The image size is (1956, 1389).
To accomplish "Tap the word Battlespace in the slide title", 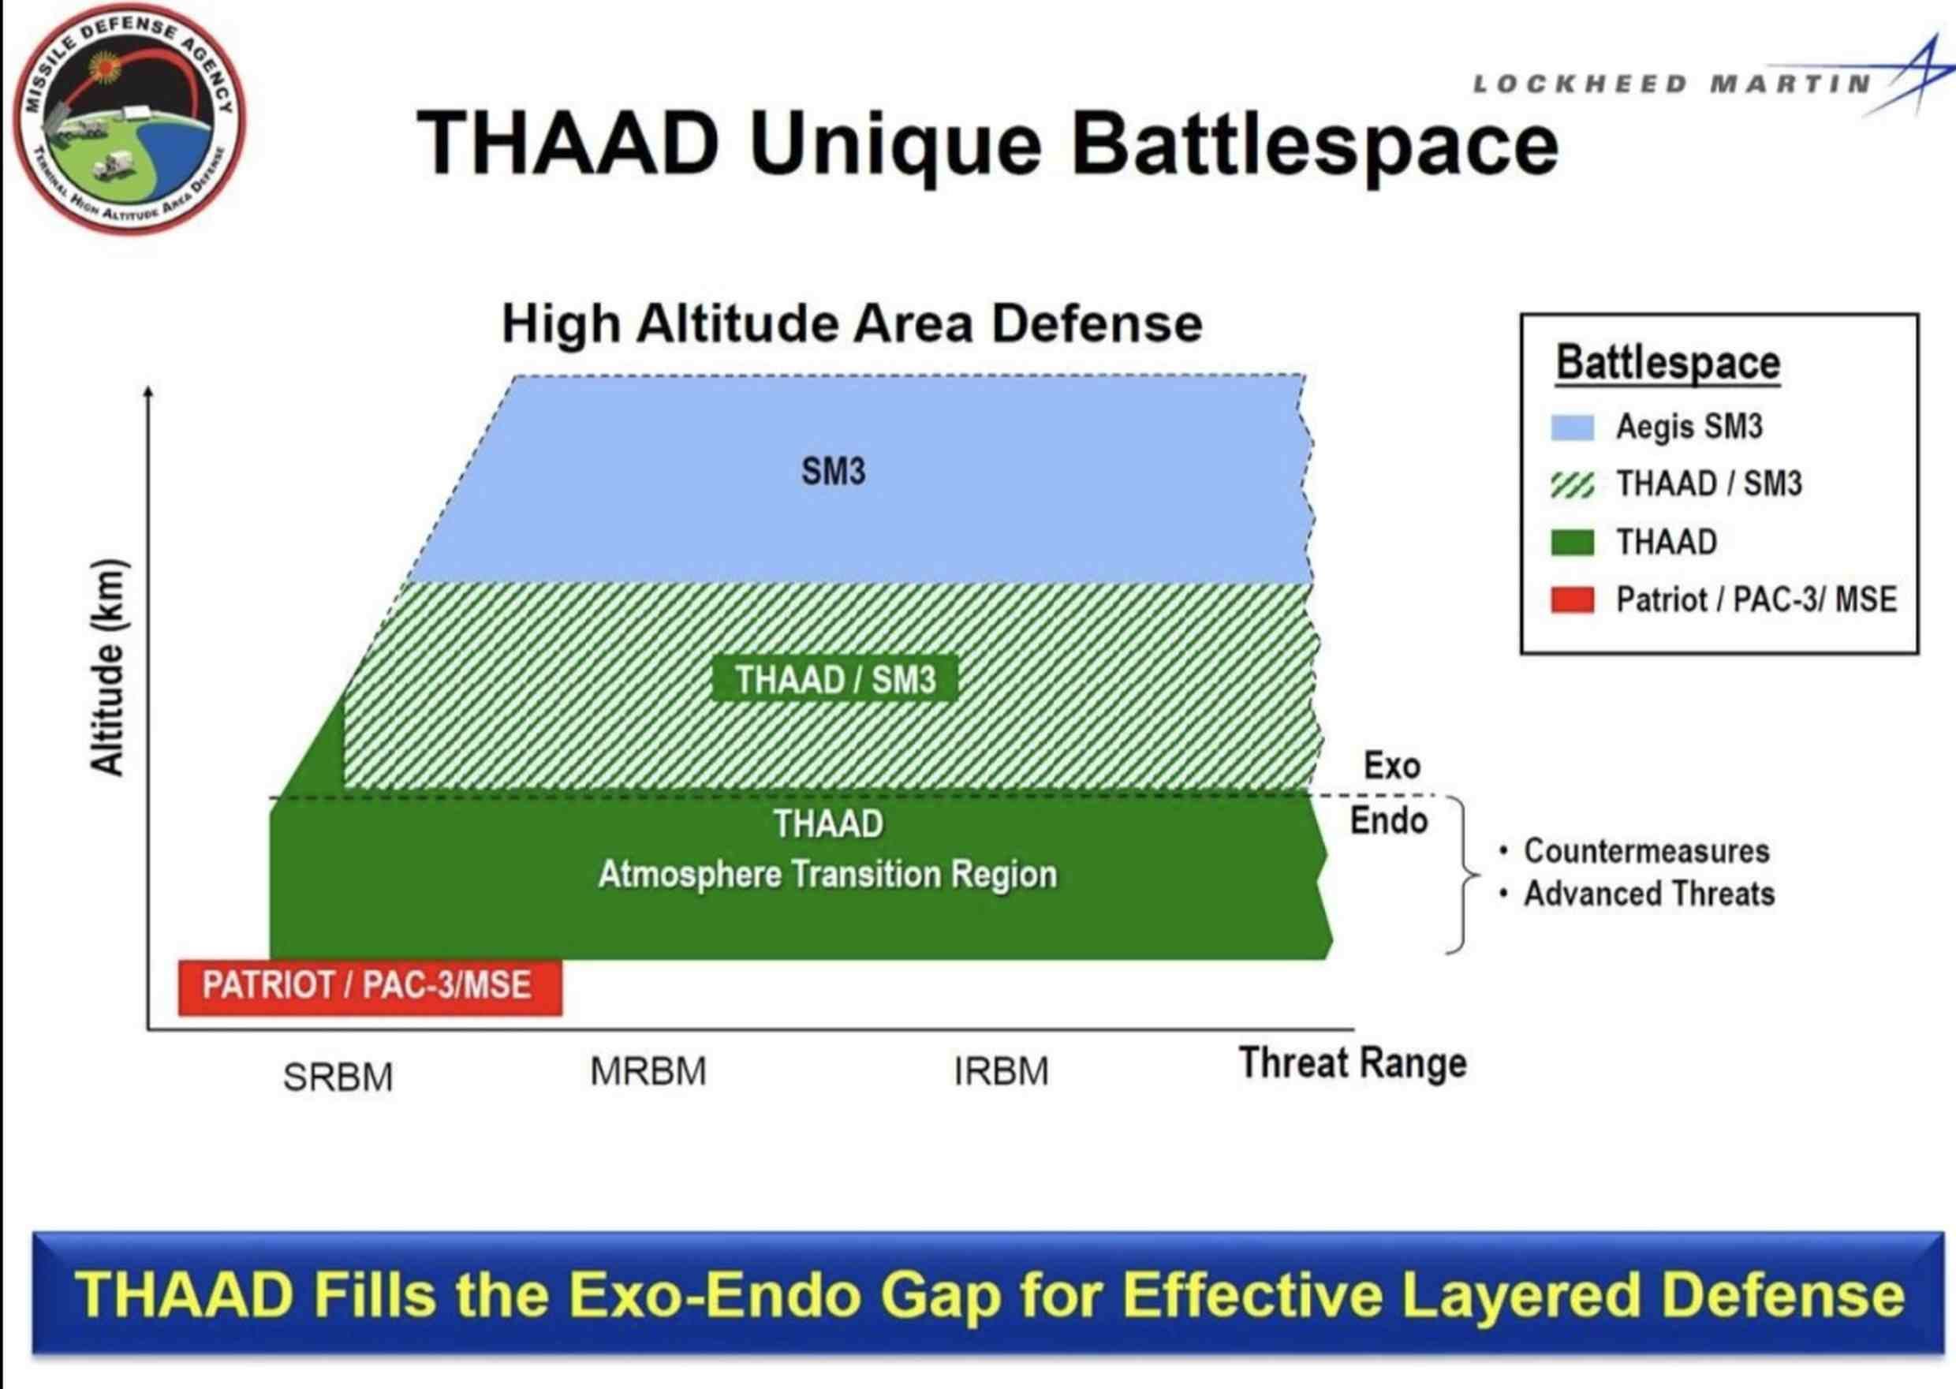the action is pyautogui.click(x=1316, y=144).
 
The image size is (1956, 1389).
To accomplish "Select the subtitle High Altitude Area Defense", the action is pyautogui.click(x=852, y=323).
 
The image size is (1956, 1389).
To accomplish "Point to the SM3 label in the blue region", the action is pyautogui.click(x=833, y=471).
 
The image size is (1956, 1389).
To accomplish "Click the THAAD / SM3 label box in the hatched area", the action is pyautogui.click(x=834, y=680).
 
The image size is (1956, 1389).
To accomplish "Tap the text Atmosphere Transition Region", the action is pyautogui.click(x=828, y=874).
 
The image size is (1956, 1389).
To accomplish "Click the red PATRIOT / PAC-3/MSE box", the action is pyautogui.click(x=371, y=988).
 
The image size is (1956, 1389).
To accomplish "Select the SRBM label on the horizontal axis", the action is pyautogui.click(x=338, y=1077).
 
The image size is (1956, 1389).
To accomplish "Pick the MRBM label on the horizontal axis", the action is pyautogui.click(x=648, y=1072).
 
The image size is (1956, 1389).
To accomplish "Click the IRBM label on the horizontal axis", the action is pyautogui.click(x=1001, y=1072).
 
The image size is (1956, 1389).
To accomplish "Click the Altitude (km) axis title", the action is pyautogui.click(x=109, y=667).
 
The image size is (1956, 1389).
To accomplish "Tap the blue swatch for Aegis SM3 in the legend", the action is pyautogui.click(x=1573, y=427).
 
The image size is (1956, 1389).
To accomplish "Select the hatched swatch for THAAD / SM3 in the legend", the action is pyautogui.click(x=1573, y=485).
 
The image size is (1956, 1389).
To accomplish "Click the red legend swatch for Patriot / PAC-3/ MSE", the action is pyautogui.click(x=1573, y=600).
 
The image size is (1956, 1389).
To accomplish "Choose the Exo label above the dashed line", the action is pyautogui.click(x=1391, y=766).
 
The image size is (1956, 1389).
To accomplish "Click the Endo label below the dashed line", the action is pyautogui.click(x=1389, y=821).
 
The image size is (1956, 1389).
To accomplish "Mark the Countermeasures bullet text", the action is pyautogui.click(x=1646, y=851).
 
